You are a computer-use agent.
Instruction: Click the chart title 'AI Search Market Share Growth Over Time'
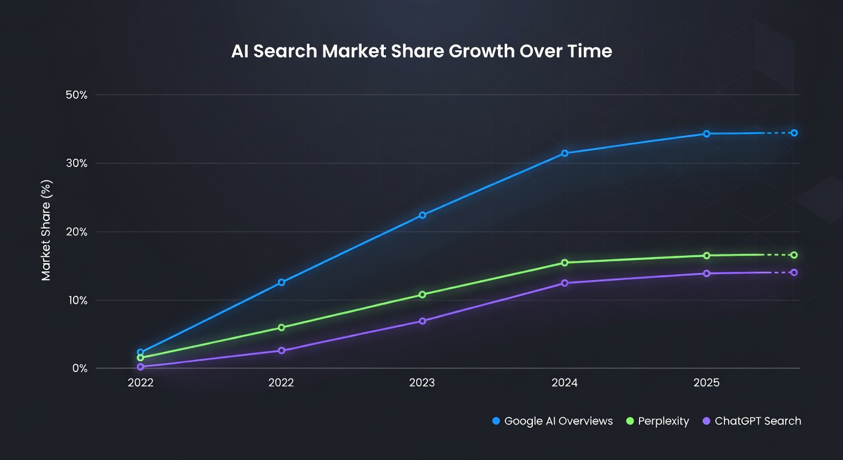click(x=421, y=51)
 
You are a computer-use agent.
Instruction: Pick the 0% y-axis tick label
click(x=79, y=368)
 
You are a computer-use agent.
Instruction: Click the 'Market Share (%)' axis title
click(x=47, y=231)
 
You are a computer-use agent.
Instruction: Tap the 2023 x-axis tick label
click(x=422, y=383)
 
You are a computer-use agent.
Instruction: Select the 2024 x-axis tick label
click(x=564, y=383)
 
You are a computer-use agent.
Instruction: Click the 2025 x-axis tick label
click(x=706, y=383)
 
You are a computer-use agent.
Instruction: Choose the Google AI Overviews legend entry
click(x=552, y=421)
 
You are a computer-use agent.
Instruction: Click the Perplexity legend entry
click(x=657, y=421)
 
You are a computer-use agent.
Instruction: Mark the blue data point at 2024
click(x=565, y=153)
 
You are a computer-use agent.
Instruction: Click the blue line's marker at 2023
click(x=423, y=215)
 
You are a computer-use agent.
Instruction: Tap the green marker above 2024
click(x=565, y=262)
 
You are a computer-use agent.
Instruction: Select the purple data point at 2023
click(x=423, y=321)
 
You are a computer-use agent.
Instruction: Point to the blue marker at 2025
click(x=706, y=134)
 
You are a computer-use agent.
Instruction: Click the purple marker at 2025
click(x=706, y=273)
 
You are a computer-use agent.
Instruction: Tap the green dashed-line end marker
click(x=794, y=255)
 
